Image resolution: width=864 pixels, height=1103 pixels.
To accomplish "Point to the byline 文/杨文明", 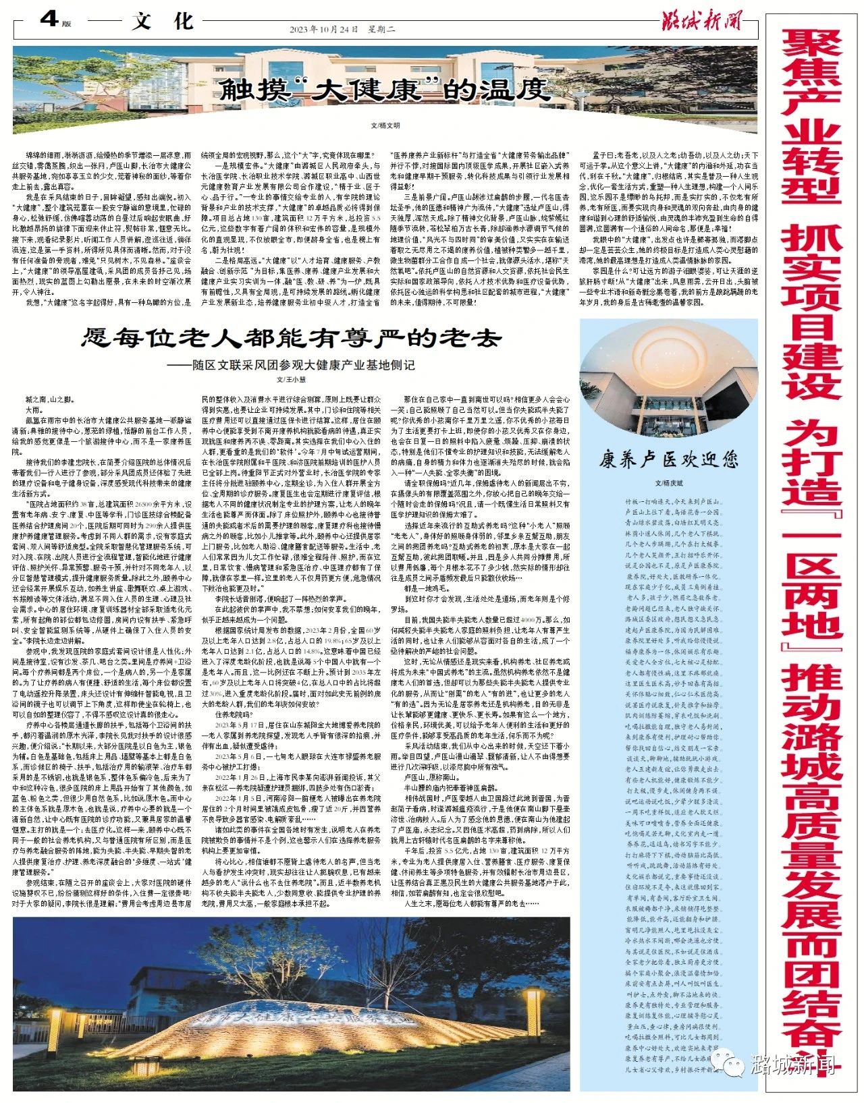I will [x=385, y=125].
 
